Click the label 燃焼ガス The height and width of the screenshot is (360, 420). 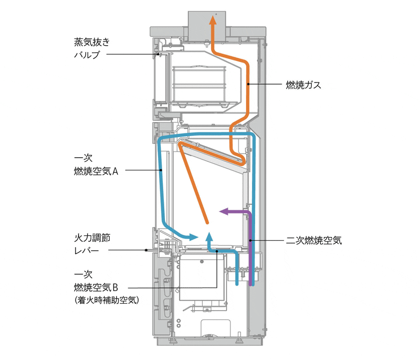tap(303, 85)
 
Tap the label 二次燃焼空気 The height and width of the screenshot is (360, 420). tap(313, 240)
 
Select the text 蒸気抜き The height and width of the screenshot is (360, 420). tap(92, 42)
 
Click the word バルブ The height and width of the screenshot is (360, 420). tap(87, 55)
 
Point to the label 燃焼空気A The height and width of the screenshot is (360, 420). tap(96, 171)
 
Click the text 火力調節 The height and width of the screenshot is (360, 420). tap(92, 238)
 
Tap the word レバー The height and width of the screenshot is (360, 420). tap(87, 251)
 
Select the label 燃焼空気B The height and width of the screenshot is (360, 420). tap(96, 287)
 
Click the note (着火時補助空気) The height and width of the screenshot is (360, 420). tap(107, 300)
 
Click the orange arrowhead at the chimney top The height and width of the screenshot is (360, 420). tap(213, 20)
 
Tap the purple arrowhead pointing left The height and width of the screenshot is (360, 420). tap(224, 211)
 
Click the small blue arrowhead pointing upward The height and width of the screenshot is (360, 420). tap(209, 236)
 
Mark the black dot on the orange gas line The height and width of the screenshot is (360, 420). tap(248, 84)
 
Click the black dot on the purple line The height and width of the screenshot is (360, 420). tap(250, 241)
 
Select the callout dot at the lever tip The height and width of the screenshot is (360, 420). tap(146, 250)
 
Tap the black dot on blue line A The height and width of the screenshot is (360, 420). tap(161, 170)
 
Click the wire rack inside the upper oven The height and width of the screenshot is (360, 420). tap(199, 85)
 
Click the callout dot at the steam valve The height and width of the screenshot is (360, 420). tap(159, 55)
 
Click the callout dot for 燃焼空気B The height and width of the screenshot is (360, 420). tap(216, 251)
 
